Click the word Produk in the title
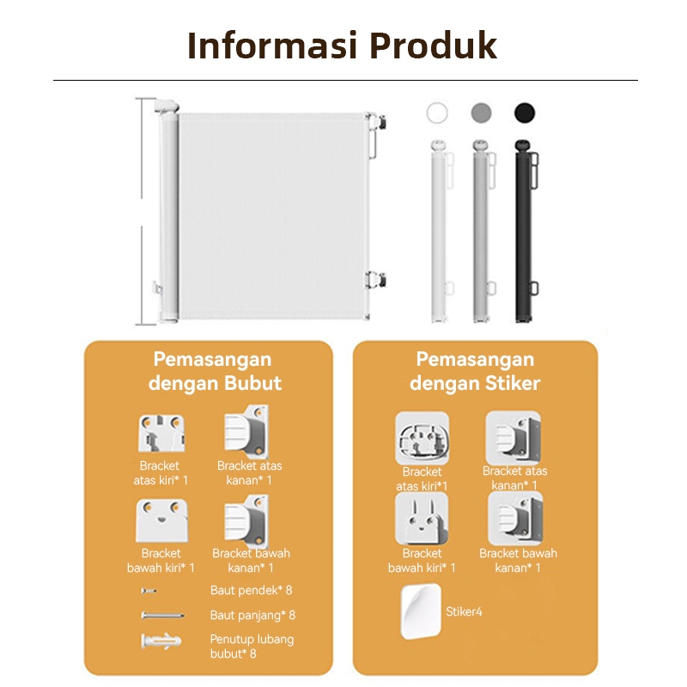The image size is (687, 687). [x=434, y=45]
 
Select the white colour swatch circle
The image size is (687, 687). [x=437, y=113]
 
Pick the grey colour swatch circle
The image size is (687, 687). [x=481, y=113]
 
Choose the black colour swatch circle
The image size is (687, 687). [x=525, y=113]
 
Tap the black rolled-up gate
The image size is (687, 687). [x=526, y=231]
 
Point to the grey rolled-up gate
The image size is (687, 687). [x=483, y=231]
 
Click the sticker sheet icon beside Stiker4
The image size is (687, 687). [x=421, y=611]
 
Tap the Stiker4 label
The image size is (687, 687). [x=464, y=611]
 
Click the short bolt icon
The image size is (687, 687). [x=149, y=591]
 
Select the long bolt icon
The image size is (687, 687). [x=162, y=616]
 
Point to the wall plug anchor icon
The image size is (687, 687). [x=161, y=641]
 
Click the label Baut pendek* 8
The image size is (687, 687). [x=251, y=591]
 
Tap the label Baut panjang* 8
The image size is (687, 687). [x=252, y=616]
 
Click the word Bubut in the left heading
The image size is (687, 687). [x=252, y=383]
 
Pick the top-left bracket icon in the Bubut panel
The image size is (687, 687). [x=161, y=434]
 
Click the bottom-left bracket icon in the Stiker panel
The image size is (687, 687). [x=422, y=518]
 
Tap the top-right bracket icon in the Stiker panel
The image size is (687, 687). [x=514, y=437]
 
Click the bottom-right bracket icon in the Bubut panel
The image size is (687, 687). [x=246, y=521]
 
